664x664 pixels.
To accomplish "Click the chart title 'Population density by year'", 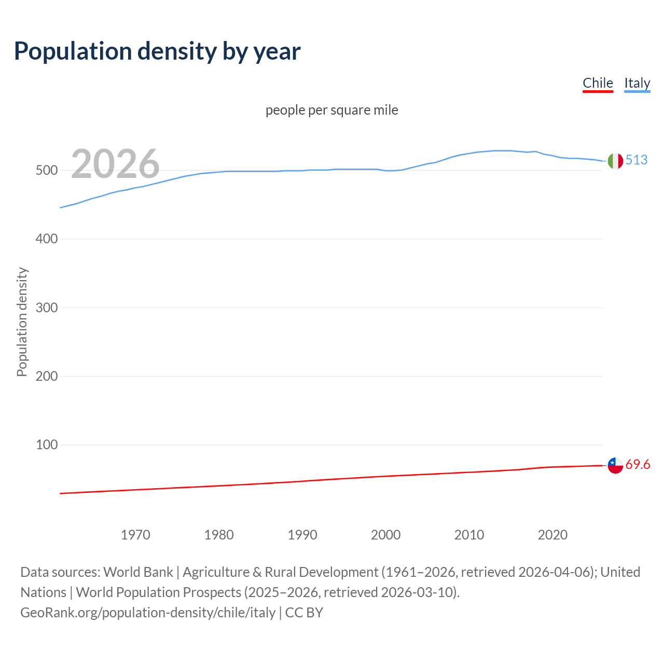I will [x=157, y=51].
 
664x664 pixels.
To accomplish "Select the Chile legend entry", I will [x=598, y=83].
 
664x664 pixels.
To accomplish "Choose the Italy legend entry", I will [x=637, y=83].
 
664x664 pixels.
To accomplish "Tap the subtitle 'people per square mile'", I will [x=331, y=110].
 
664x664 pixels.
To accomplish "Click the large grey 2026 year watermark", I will [x=115, y=164].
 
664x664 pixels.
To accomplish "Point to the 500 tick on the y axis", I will [x=46, y=171].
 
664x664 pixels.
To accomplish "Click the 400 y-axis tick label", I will [x=46, y=239].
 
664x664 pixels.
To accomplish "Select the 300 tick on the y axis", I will [x=46, y=308].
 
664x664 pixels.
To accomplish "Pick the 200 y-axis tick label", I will [x=46, y=376].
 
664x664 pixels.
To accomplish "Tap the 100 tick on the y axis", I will [x=46, y=445].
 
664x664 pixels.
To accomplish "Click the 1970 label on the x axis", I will [x=135, y=535].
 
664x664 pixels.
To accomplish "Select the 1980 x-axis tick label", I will [x=219, y=535].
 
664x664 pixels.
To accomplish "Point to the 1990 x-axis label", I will [x=302, y=535].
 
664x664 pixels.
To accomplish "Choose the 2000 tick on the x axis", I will [x=386, y=535].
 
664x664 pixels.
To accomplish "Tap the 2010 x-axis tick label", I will [x=469, y=535].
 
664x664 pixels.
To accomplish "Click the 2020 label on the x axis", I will [x=553, y=535].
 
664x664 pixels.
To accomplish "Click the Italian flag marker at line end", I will [x=615, y=161].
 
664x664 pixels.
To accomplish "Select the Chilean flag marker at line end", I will [x=615, y=465].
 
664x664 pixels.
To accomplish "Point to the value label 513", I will [x=637, y=160].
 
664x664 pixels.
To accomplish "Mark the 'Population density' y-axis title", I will [x=22, y=322].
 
